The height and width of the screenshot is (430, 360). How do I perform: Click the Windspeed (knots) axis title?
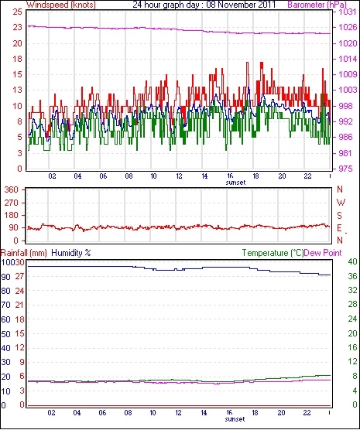click(x=61, y=5)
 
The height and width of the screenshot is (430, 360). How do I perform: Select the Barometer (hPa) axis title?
click(x=317, y=5)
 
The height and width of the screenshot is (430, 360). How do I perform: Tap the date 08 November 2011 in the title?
click(x=241, y=5)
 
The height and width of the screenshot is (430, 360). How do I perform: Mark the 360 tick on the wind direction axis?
click(x=12, y=189)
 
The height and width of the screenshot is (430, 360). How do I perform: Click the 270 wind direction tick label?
click(x=12, y=203)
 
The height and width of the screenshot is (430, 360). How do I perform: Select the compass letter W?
click(x=341, y=203)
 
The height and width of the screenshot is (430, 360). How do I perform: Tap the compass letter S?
click(x=340, y=216)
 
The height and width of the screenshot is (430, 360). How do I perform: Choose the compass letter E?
click(x=339, y=228)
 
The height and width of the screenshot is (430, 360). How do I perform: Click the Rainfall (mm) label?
click(x=24, y=253)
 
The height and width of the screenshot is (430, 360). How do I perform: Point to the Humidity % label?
click(x=71, y=253)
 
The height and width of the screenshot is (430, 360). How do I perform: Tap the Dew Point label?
click(x=323, y=253)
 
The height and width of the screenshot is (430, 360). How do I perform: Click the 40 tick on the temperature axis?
click(x=352, y=261)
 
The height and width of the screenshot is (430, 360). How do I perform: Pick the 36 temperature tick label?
click(x=352, y=276)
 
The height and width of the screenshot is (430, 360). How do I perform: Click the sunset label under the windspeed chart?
click(x=235, y=183)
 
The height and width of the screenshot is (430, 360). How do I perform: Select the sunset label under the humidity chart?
click(x=235, y=419)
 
